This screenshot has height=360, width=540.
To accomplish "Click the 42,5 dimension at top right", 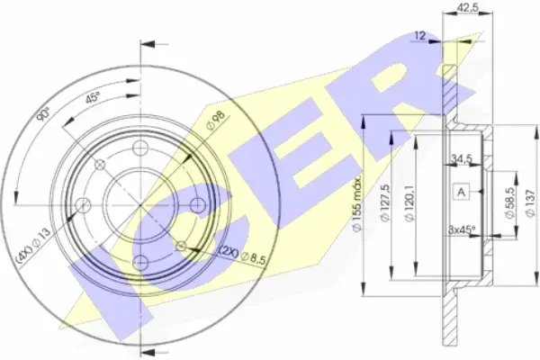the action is [x=468, y=7].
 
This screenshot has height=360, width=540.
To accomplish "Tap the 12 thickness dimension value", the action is [x=420, y=35].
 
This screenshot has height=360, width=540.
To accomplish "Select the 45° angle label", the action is [x=93, y=98].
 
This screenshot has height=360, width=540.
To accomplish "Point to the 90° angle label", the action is [x=43, y=114].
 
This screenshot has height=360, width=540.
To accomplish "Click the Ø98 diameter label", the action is [x=216, y=120].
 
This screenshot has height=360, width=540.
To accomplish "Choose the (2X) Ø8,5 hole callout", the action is [x=243, y=256].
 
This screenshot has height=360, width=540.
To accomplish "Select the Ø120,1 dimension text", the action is [x=409, y=203].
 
